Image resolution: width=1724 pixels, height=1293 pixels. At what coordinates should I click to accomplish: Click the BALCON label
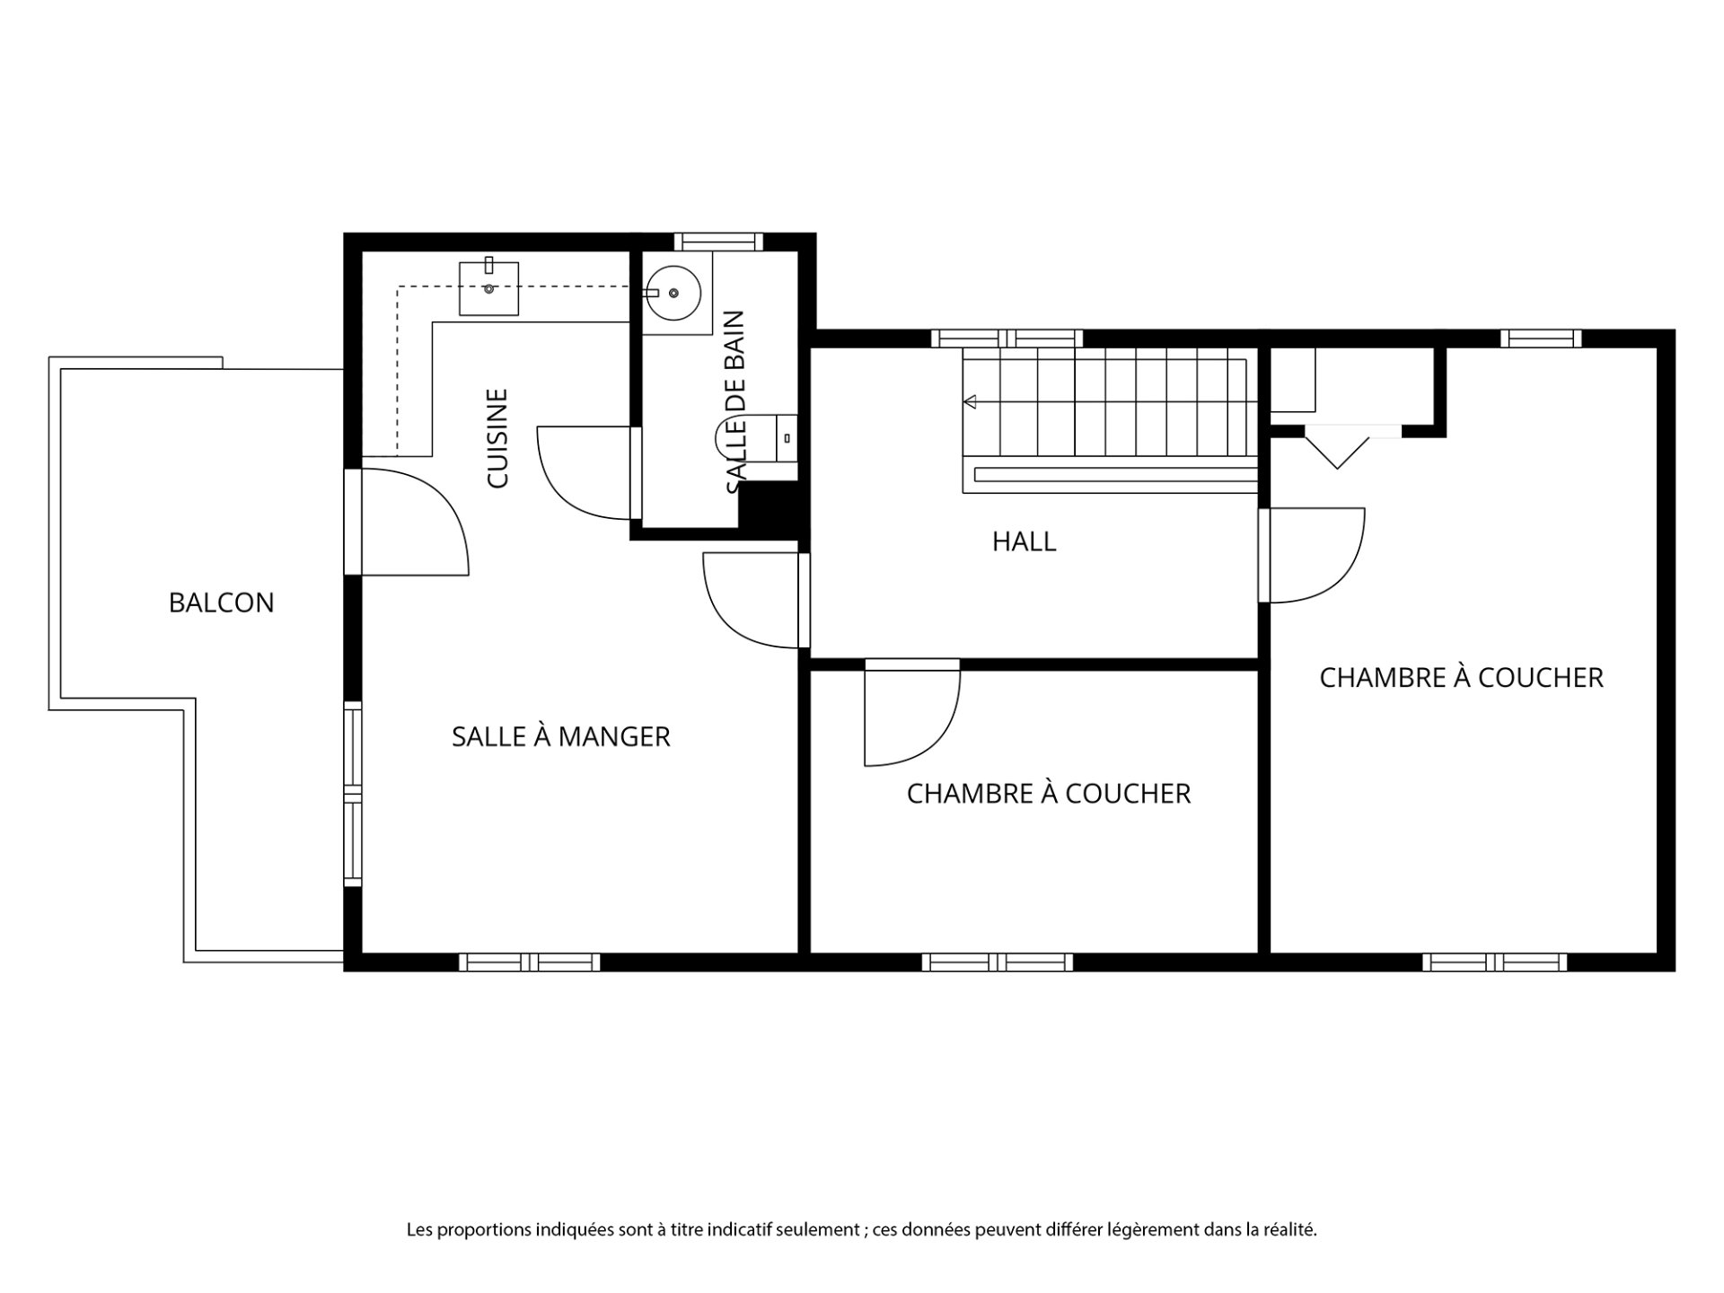(x=221, y=603)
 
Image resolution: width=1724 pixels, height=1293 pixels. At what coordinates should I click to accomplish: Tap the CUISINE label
(x=497, y=438)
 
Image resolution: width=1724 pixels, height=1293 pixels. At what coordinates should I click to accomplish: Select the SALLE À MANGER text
(x=560, y=736)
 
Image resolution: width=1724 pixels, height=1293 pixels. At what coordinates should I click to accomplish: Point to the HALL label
(x=1024, y=541)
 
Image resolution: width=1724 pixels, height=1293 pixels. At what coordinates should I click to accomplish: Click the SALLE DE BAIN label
(x=734, y=402)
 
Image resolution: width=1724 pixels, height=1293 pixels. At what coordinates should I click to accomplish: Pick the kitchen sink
(x=489, y=287)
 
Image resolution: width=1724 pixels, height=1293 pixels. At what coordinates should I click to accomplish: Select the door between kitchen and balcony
(x=406, y=521)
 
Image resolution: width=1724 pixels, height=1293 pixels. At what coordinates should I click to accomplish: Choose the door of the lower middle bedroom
(x=911, y=713)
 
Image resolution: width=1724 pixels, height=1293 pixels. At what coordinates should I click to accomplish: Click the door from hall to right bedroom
(x=1311, y=555)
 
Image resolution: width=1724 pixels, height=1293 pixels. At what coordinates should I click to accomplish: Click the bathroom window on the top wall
(x=718, y=242)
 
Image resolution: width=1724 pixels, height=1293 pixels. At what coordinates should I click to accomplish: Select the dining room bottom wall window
(x=530, y=963)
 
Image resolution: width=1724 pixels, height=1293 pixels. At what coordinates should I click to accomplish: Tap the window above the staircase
(x=1007, y=339)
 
